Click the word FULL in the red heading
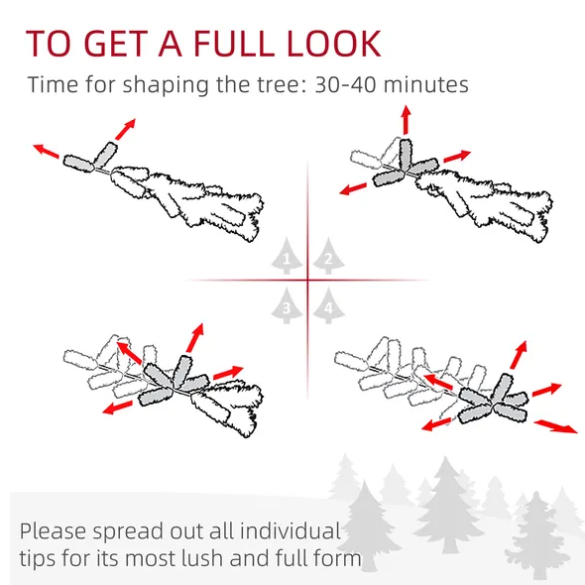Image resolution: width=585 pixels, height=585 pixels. point(235,44)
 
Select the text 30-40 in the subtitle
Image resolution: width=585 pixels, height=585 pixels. point(345,84)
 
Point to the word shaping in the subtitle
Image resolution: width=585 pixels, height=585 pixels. point(166,86)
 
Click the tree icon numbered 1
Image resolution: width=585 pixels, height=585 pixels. point(287,256)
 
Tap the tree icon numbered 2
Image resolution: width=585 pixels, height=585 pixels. point(328,256)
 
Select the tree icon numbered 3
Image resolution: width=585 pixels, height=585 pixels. point(287,305)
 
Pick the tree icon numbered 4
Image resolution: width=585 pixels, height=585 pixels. point(328,305)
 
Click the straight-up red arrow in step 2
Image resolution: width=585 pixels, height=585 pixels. point(407,119)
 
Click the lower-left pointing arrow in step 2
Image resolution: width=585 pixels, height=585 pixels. point(353,188)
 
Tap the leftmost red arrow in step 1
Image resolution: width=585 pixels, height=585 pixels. point(46,151)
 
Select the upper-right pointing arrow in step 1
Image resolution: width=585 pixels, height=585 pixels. point(125,129)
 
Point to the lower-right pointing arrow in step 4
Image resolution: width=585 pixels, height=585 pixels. point(556,426)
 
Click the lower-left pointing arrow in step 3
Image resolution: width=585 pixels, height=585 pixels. point(118,408)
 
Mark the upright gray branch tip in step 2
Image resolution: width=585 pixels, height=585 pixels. point(406,156)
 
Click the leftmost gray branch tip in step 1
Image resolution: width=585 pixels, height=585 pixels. point(78,164)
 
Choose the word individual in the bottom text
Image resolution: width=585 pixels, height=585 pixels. point(290,530)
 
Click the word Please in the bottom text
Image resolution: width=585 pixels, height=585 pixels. point(53,530)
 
